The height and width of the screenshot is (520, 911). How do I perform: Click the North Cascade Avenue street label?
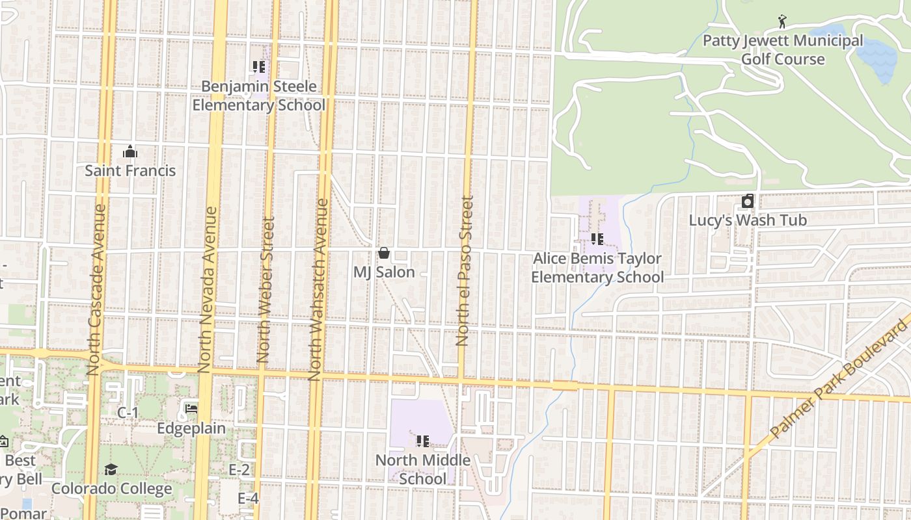click(96, 290)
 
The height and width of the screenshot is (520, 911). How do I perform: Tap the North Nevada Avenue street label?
click(208, 290)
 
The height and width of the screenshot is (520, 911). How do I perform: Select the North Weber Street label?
click(265, 290)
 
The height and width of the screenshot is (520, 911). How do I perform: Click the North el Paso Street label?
click(465, 270)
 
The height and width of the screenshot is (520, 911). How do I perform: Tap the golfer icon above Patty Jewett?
click(782, 22)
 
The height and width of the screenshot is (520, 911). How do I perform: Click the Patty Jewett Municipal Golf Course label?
click(783, 50)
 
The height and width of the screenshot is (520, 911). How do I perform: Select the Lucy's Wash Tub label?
click(748, 220)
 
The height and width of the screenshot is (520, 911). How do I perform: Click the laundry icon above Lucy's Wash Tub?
click(748, 201)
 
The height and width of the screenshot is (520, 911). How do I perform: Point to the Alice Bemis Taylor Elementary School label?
click(597, 268)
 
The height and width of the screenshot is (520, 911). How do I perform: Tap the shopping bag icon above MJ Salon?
click(384, 253)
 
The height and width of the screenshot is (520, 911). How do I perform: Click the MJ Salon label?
click(384, 272)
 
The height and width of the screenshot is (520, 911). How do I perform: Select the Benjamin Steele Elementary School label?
click(259, 96)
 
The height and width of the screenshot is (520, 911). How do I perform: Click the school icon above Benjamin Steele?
click(259, 67)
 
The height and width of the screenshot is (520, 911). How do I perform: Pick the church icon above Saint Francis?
click(130, 152)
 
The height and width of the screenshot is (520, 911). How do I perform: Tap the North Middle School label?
click(423, 469)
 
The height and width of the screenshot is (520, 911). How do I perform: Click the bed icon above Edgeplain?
click(191, 409)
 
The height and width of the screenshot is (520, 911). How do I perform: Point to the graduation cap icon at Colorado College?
click(111, 469)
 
